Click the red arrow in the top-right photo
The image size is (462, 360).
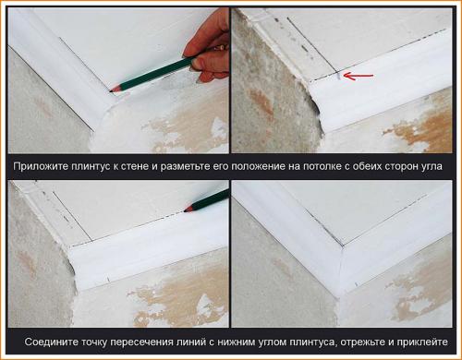tap(358, 76)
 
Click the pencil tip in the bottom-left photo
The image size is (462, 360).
tap(186, 210)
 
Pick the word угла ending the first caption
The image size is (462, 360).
tap(431, 167)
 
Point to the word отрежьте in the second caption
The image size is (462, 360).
tap(362, 342)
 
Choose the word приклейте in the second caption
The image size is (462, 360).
tap(422, 342)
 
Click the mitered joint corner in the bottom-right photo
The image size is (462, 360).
tap(342, 246)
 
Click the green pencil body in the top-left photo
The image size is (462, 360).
tap(154, 73)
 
